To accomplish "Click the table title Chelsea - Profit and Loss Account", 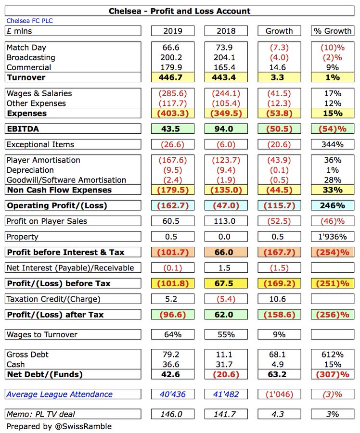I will tap(180, 11).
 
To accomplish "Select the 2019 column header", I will tap(172, 31).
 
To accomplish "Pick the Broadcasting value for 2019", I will tap(172, 57).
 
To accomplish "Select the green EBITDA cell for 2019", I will tap(172, 129).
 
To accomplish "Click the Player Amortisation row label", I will tap(43, 160).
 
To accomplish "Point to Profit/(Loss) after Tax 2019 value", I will tap(172, 315).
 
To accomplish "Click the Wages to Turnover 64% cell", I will tap(172, 334).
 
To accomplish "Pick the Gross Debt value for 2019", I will tap(172, 355).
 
